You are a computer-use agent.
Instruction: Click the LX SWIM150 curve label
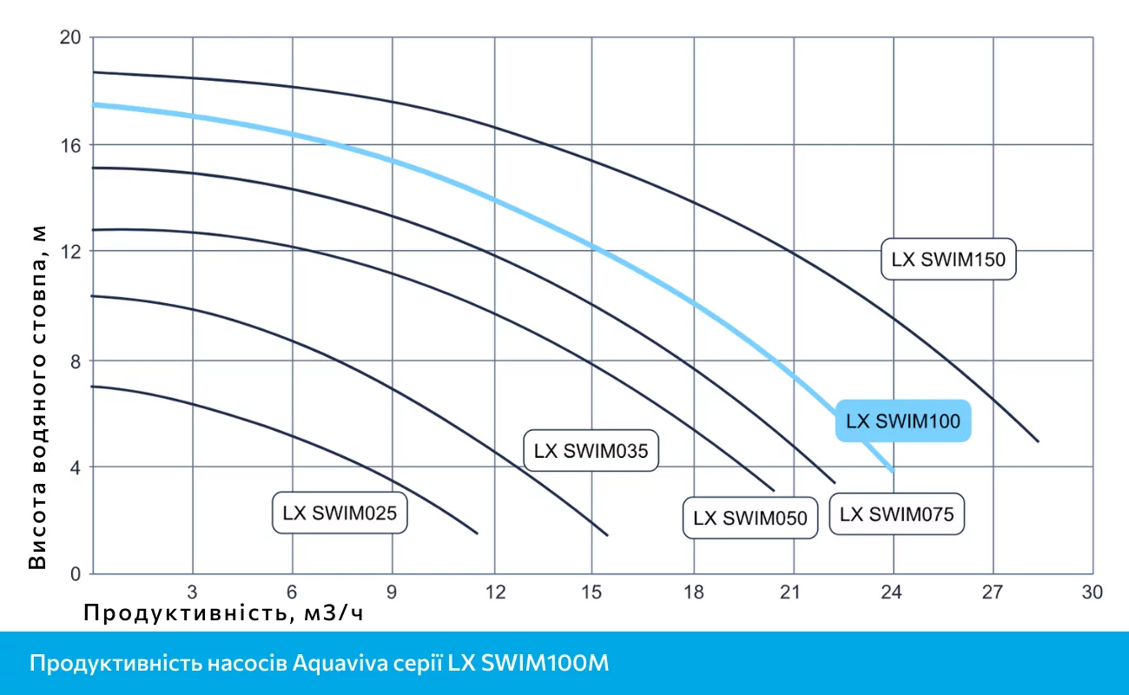(948, 259)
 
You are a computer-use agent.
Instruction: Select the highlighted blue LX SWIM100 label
(903, 421)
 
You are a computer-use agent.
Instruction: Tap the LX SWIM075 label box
(897, 514)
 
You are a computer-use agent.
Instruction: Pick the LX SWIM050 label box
(750, 518)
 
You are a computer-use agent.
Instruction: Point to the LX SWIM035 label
(591, 451)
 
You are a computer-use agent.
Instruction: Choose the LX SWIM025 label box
(340, 513)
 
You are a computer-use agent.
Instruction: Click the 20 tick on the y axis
(70, 37)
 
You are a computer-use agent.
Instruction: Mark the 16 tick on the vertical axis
(70, 144)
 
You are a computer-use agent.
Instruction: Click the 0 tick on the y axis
(75, 573)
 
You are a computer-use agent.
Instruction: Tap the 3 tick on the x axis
(193, 592)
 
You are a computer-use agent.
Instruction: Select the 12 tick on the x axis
(493, 592)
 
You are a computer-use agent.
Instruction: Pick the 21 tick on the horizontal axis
(791, 592)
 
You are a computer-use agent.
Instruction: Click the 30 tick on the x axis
(1092, 592)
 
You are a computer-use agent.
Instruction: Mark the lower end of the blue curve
(891, 470)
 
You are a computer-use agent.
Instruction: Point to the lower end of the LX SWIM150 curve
(1038, 441)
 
